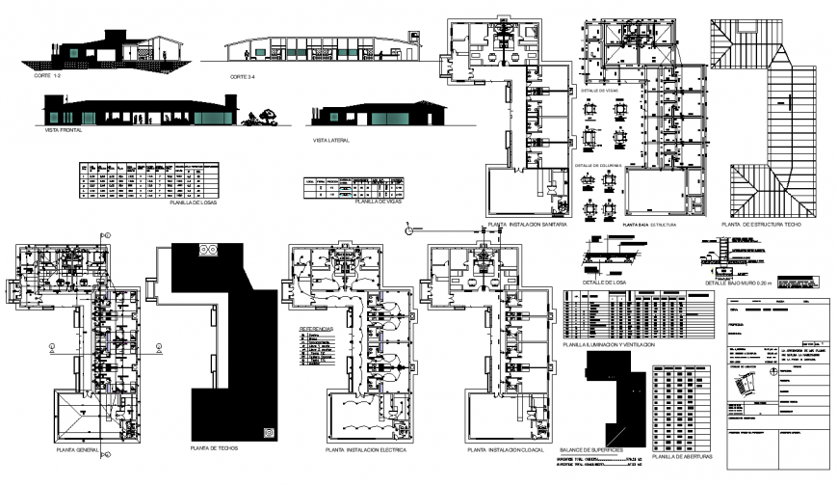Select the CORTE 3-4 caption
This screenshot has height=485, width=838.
(244, 76)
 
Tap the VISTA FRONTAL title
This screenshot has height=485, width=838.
(62, 128)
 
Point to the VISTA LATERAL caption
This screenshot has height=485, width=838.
(329, 140)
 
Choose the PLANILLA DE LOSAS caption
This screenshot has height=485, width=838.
(190, 204)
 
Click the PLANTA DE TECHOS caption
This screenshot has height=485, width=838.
(214, 449)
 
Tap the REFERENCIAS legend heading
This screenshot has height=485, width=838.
(317, 328)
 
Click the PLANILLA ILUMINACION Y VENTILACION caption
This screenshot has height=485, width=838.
(608, 343)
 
